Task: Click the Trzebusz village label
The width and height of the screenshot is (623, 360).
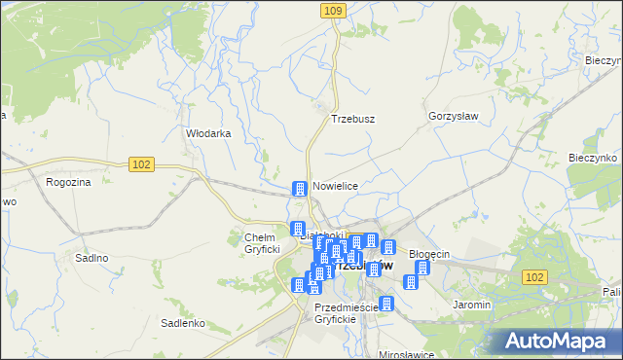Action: [x=352, y=119]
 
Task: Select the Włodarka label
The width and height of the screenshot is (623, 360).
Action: [x=208, y=134]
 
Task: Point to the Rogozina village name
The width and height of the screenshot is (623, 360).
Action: [x=68, y=182]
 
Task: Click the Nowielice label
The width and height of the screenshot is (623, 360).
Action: [x=336, y=186]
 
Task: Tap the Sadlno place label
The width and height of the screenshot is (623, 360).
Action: [x=92, y=258]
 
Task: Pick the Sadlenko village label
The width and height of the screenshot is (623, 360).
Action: [x=182, y=323]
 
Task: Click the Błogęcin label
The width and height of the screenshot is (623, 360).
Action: [x=428, y=254]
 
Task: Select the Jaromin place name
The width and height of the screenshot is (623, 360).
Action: [x=471, y=305]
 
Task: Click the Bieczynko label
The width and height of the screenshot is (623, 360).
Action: [x=594, y=158]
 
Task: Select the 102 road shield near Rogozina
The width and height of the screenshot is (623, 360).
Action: [x=141, y=164]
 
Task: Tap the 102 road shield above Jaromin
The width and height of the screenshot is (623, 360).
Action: [x=532, y=277]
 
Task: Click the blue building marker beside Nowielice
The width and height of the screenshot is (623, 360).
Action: [x=300, y=188]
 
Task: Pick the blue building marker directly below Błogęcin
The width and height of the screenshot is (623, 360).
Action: [x=421, y=269]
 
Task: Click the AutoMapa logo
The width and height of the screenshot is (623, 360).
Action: [x=561, y=341]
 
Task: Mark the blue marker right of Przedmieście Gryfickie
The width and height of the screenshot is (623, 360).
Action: [x=386, y=304]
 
